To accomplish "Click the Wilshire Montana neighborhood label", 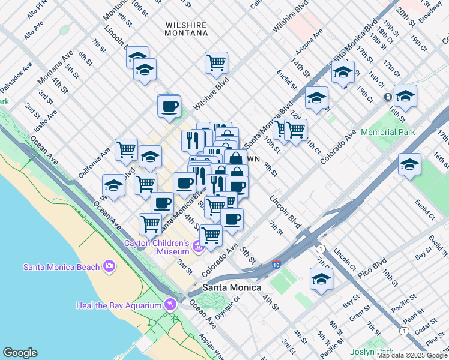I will (x=186, y=29).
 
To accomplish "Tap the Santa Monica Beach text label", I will (x=61, y=267).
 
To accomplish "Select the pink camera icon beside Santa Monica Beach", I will (x=109, y=265).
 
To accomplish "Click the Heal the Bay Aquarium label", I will (x=119, y=305).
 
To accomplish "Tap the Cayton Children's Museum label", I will (x=157, y=247).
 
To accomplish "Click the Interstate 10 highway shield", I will (x=276, y=265).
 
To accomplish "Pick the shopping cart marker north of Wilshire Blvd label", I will (x=216, y=62).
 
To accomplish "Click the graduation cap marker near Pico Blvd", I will (x=321, y=279).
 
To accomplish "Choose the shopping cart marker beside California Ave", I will (x=126, y=149).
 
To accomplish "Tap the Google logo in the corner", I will (x=20, y=353).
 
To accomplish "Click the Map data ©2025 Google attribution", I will (x=411, y=355).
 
